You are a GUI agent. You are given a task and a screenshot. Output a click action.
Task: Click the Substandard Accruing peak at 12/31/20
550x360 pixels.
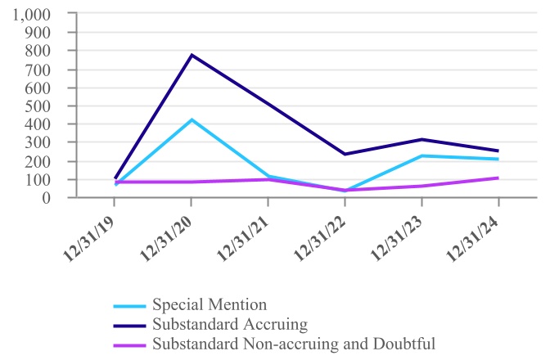[x=192, y=55]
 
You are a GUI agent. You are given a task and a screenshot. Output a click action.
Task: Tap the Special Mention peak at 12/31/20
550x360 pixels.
[x=192, y=119]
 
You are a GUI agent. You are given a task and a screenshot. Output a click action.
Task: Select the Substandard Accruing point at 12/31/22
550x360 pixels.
[x=345, y=154]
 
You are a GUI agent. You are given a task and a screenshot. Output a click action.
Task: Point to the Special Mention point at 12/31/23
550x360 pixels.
[x=422, y=155]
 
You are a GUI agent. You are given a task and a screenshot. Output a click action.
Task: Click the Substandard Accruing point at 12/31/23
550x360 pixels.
[x=422, y=139]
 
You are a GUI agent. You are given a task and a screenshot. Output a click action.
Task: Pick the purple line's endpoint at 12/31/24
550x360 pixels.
[x=498, y=178]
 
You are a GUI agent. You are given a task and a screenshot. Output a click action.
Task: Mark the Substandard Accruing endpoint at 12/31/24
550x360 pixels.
[x=498, y=151]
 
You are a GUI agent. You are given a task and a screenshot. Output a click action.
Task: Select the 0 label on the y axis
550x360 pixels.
[x=47, y=197]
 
